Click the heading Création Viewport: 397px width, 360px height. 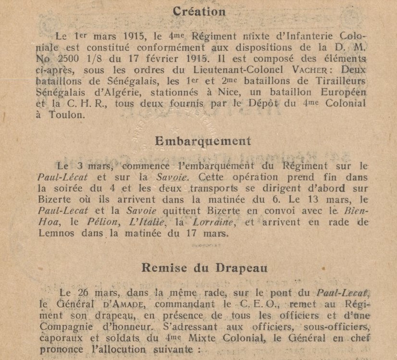198,12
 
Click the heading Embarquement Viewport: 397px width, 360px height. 203,141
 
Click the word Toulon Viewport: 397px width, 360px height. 65,114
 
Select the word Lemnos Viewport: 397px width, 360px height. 54,233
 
